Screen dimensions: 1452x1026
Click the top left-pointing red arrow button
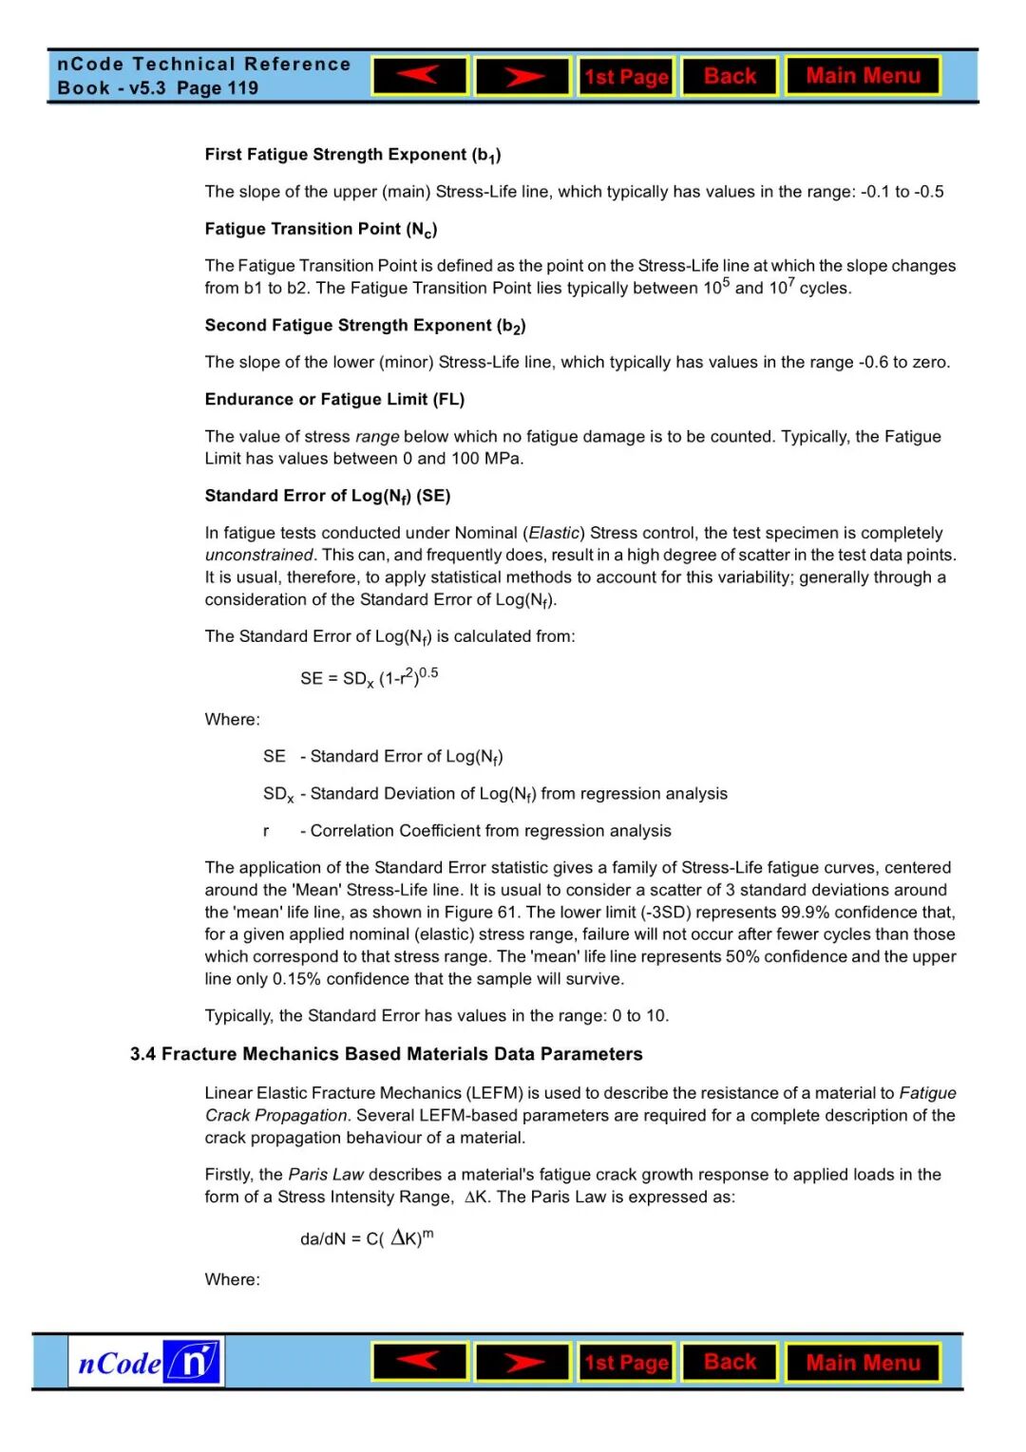coord(419,76)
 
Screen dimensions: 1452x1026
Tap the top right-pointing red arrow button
coord(522,76)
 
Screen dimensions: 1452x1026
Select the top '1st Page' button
coord(626,76)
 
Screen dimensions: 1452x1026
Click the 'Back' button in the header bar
coord(730,76)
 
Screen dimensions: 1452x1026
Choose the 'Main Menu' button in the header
coord(863,76)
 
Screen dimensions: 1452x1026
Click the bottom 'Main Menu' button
coord(863,1363)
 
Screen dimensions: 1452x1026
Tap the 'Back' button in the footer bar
coord(730,1362)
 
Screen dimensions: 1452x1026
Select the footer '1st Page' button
coord(626,1363)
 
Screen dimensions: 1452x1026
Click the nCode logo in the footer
coord(146,1363)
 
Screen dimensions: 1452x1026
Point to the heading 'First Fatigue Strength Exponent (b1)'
coord(352,155)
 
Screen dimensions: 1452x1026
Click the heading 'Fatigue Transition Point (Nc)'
coord(321,229)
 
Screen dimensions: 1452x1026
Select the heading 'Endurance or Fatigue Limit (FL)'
coord(334,399)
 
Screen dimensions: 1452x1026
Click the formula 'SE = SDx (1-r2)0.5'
coord(369,678)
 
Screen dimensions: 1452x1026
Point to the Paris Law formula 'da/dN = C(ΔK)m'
coord(366,1238)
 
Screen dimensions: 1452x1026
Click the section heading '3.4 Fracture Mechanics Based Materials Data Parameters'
coord(386,1054)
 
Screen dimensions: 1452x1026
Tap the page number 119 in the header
coord(243,88)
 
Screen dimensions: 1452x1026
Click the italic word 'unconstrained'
coord(258,555)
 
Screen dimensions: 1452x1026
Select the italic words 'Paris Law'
coord(326,1175)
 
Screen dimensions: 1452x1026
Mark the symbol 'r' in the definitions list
coord(266,831)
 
